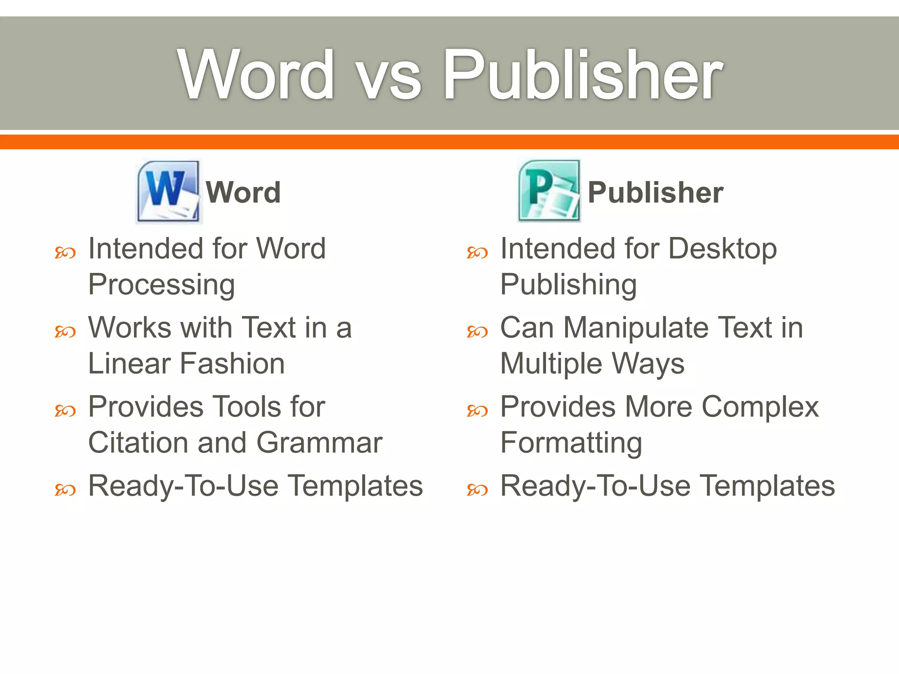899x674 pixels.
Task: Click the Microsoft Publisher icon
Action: [549, 191]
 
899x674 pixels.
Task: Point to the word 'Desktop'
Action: [723, 249]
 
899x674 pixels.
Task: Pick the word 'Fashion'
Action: [233, 364]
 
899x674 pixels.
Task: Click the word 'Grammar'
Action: [320, 443]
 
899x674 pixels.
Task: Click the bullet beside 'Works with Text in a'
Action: [65, 332]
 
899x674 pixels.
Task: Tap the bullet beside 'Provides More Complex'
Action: [477, 411]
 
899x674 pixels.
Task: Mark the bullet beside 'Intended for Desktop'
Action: [477, 253]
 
